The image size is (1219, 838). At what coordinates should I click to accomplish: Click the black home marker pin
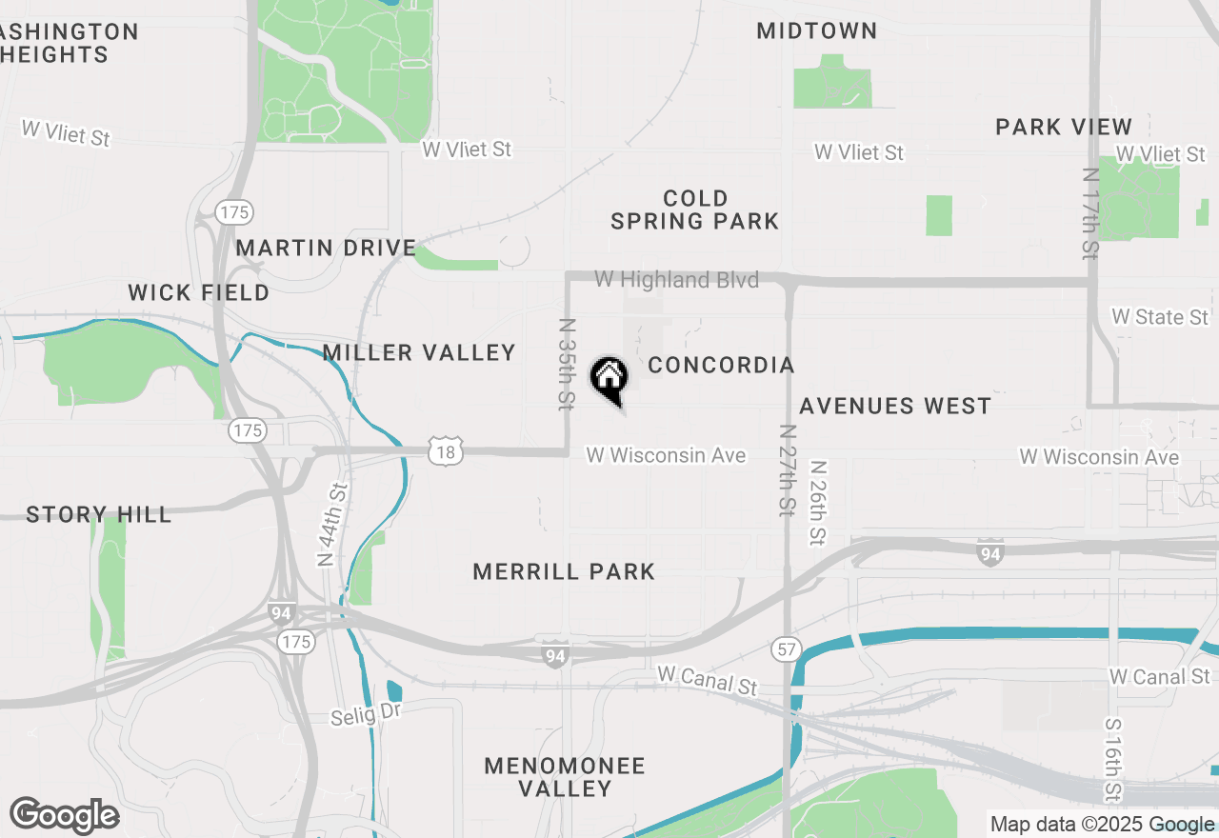pyautogui.click(x=609, y=379)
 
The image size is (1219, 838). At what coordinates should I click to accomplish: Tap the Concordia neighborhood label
pyautogui.click(x=721, y=366)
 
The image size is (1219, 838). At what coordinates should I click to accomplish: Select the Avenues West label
pyautogui.click(x=895, y=407)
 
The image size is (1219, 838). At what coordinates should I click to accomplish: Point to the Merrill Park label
pyautogui.click(x=564, y=571)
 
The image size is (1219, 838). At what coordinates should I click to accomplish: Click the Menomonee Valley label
pyautogui.click(x=565, y=777)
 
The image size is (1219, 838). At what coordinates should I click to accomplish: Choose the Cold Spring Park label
pyautogui.click(x=695, y=209)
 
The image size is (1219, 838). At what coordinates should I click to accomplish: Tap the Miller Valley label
pyautogui.click(x=419, y=353)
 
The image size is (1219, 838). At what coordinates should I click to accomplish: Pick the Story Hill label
pyautogui.click(x=99, y=515)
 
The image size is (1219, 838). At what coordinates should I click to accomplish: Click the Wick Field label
pyautogui.click(x=199, y=292)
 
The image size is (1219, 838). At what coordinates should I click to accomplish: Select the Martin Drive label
pyautogui.click(x=326, y=249)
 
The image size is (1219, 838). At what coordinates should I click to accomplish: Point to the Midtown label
pyautogui.click(x=817, y=30)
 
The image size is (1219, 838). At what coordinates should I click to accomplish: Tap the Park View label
pyautogui.click(x=1064, y=127)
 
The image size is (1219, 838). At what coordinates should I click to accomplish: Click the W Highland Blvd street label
pyautogui.click(x=677, y=280)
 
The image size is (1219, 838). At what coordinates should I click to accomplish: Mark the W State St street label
pyautogui.click(x=1160, y=317)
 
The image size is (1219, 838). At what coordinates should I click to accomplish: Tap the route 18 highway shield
pyautogui.click(x=446, y=451)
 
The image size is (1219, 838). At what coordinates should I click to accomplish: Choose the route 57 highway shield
pyautogui.click(x=786, y=649)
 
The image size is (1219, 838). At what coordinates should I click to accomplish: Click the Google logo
pyautogui.click(x=64, y=816)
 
